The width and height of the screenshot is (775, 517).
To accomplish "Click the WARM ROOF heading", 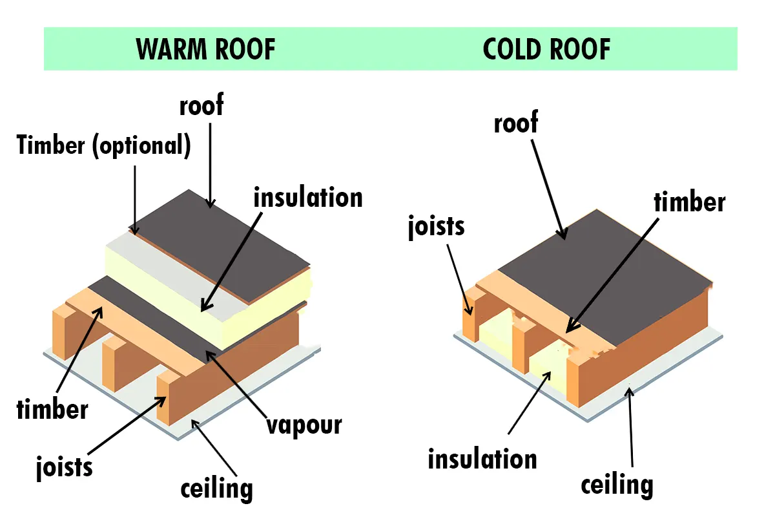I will point(206,49).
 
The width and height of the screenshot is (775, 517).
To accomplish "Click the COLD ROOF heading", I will point(546,49).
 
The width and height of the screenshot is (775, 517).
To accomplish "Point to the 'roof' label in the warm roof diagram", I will point(201,105).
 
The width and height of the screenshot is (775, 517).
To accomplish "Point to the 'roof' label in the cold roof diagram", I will point(515,122).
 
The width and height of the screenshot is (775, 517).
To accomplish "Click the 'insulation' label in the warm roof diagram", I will point(308,197).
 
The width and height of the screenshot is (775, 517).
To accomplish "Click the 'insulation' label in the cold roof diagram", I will point(482,459).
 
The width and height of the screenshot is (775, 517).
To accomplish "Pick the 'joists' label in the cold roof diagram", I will point(436,227).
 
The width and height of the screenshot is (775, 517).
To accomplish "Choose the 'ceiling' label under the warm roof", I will point(216,487).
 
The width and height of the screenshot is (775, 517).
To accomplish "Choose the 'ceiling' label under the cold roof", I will point(617,484).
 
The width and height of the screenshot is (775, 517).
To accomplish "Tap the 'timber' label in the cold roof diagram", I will point(689,202).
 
